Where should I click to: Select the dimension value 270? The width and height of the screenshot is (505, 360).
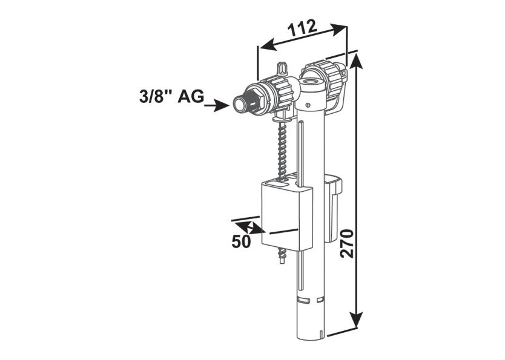click(346, 244)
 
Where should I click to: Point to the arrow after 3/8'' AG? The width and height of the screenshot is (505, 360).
click(216, 106)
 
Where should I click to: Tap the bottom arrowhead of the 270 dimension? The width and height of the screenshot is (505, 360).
click(358, 321)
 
